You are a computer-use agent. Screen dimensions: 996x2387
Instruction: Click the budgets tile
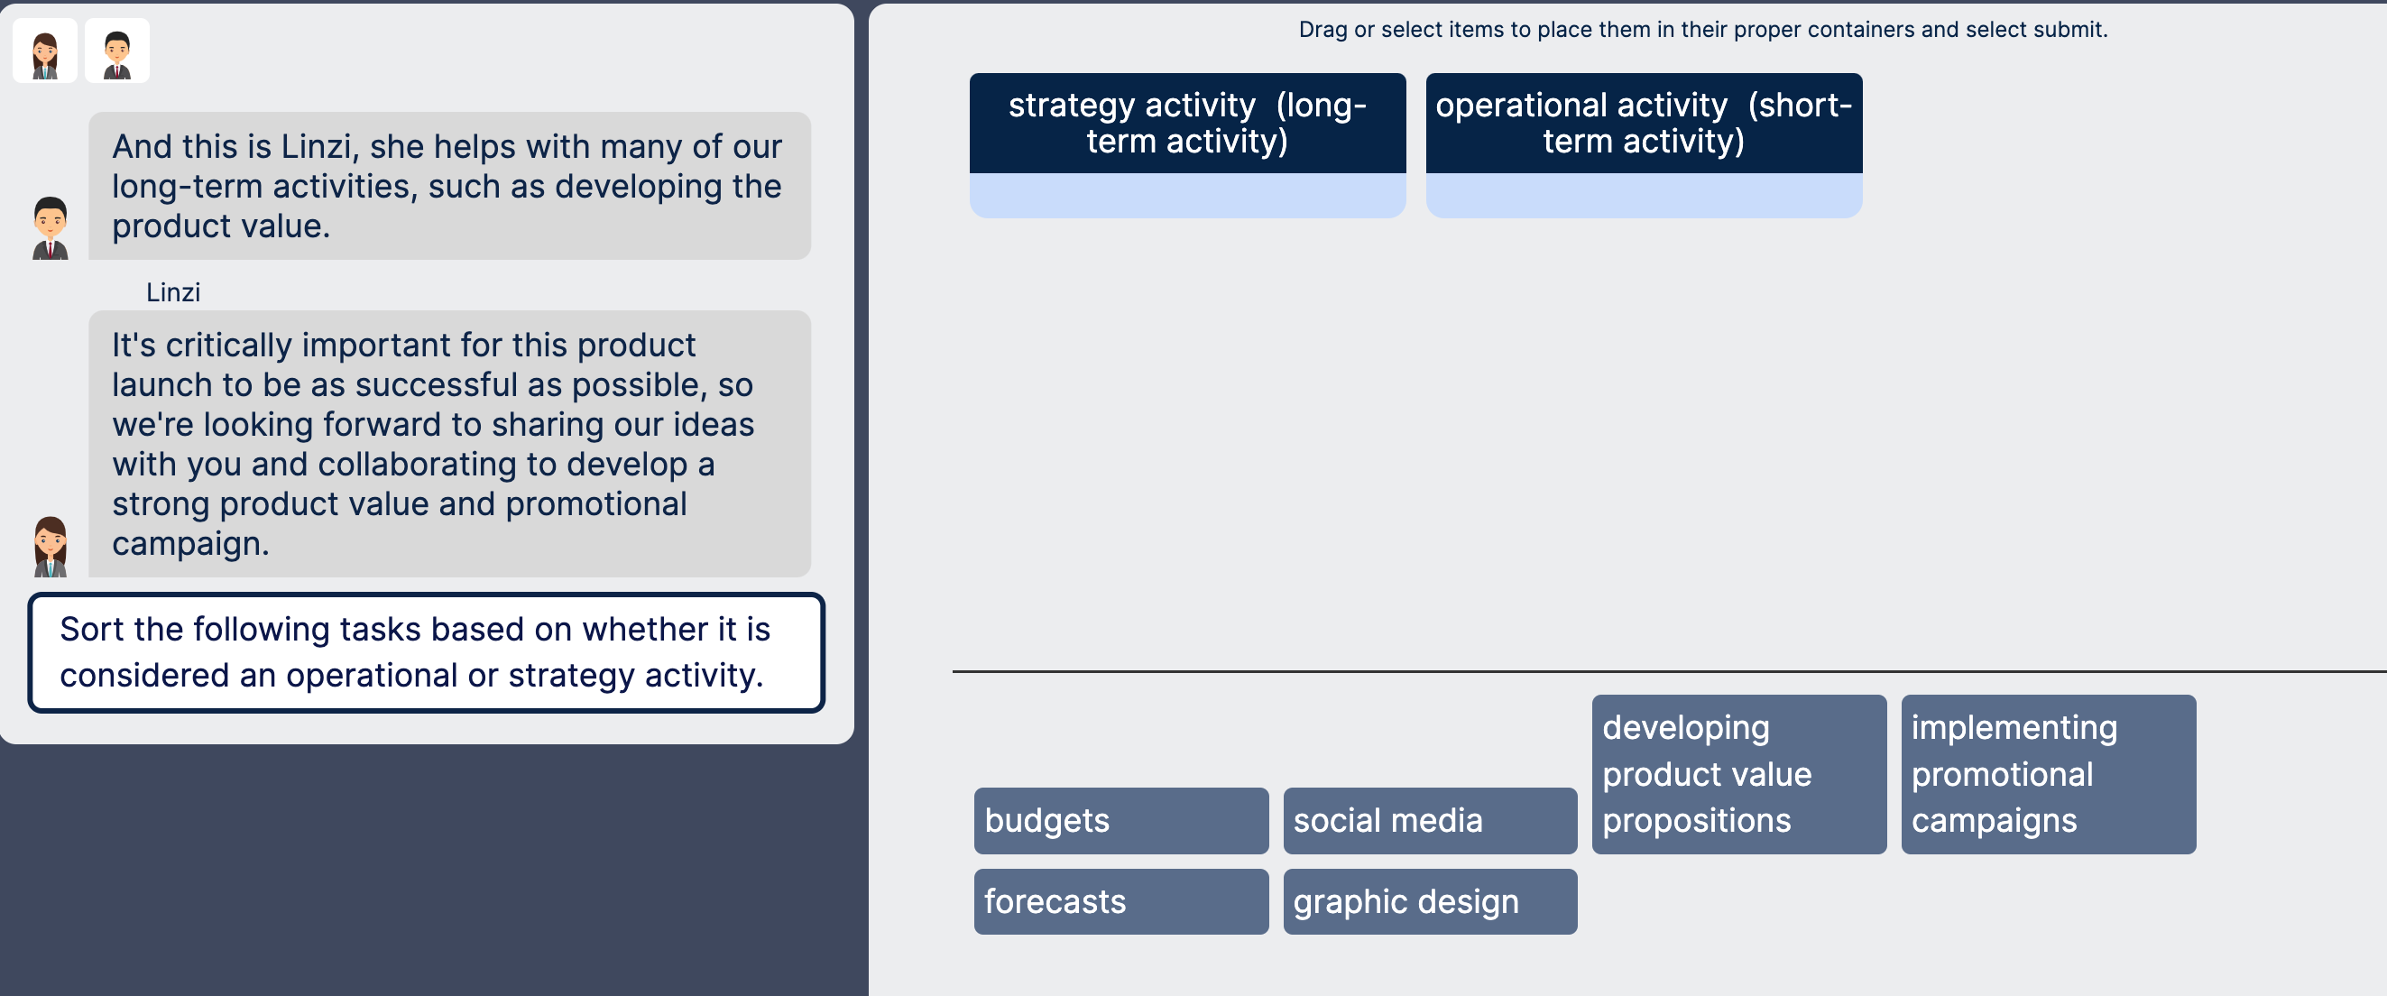click(1120, 821)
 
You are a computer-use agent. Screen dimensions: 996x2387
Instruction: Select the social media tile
click(1429, 821)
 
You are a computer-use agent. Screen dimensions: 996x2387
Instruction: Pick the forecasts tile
click(1120, 901)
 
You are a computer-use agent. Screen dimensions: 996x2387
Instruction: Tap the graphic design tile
click(1429, 901)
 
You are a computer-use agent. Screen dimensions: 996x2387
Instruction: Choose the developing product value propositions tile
click(1738, 775)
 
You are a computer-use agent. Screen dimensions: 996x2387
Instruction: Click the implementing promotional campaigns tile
click(2048, 775)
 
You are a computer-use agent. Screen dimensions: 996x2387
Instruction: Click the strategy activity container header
click(1187, 124)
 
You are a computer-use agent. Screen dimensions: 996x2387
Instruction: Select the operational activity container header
click(1643, 124)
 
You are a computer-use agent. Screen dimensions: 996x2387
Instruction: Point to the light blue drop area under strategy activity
click(1187, 196)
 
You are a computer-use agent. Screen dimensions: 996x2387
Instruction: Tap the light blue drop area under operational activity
click(1643, 196)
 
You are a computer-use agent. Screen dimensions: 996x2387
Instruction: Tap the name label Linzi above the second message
click(173, 293)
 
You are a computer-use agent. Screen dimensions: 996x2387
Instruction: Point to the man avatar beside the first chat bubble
click(50, 228)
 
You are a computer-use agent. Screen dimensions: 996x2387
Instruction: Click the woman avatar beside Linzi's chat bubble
click(50, 547)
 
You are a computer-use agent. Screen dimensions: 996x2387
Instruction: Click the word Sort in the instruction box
click(92, 630)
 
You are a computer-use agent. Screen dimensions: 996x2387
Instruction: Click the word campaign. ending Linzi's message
click(190, 544)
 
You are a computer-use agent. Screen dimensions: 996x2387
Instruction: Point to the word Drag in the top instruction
click(1323, 30)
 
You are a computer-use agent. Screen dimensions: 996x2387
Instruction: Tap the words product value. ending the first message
click(220, 226)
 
